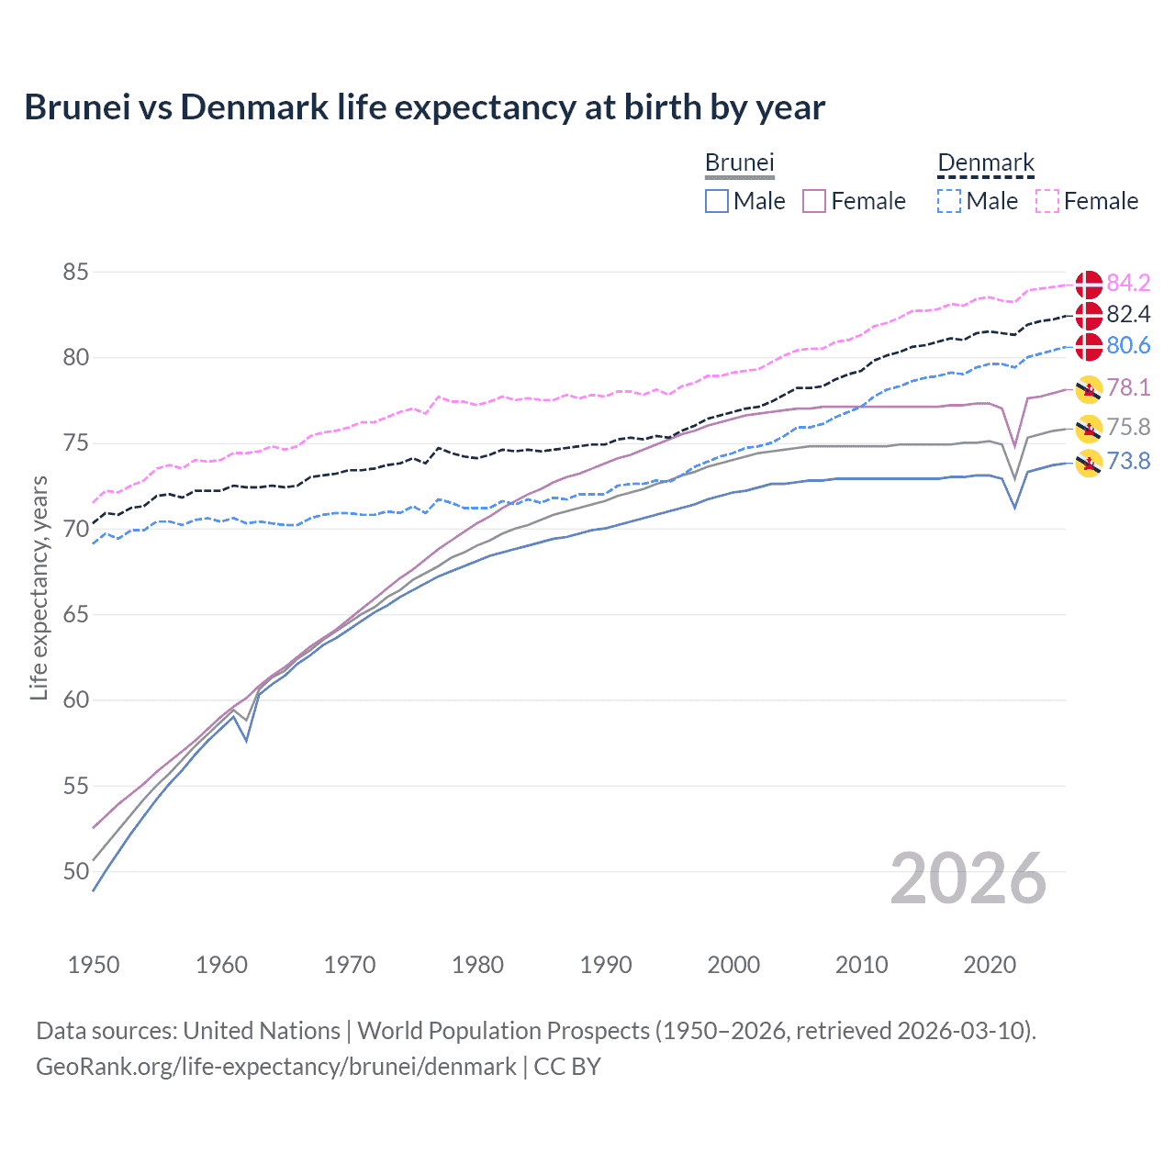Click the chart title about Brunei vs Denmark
(x=424, y=107)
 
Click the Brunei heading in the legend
(x=739, y=163)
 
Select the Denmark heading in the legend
(x=985, y=163)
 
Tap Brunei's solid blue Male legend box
(x=717, y=201)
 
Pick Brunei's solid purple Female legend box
(x=815, y=201)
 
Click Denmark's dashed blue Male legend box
(x=949, y=201)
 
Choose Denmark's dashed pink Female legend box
(x=1047, y=201)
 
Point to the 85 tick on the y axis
(x=76, y=272)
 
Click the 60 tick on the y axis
(x=76, y=699)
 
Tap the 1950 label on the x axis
(x=94, y=965)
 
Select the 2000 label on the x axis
(x=733, y=965)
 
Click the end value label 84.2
(x=1128, y=283)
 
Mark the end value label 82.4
(x=1128, y=314)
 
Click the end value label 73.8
(x=1128, y=461)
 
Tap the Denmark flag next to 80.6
(x=1089, y=346)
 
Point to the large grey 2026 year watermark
(x=968, y=878)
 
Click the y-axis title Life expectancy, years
(x=39, y=587)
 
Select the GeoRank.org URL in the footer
(x=275, y=1067)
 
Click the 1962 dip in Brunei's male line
(x=246, y=740)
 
